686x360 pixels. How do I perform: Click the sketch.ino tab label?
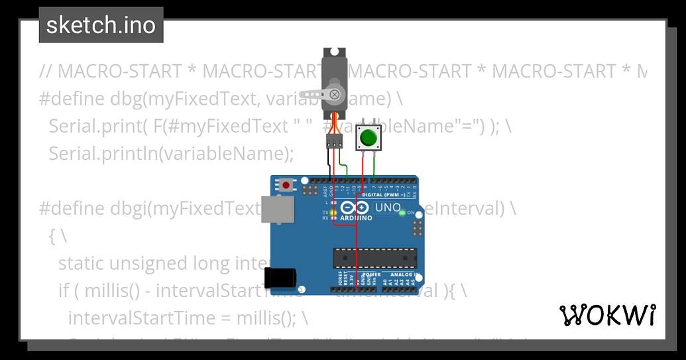coord(101,25)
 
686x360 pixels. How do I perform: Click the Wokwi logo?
coord(608,315)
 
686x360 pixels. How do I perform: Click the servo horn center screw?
coord(335,95)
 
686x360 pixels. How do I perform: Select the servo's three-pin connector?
coord(334,141)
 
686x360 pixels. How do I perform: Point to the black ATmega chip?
coord(375,257)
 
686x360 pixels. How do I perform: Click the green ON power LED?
coord(402,213)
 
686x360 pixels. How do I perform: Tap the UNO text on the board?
coord(388,208)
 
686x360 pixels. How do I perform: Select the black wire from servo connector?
coord(329,163)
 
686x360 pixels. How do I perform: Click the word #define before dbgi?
coord(70,208)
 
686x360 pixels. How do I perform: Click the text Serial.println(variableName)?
coord(170,153)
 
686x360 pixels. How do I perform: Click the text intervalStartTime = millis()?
coord(188,318)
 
